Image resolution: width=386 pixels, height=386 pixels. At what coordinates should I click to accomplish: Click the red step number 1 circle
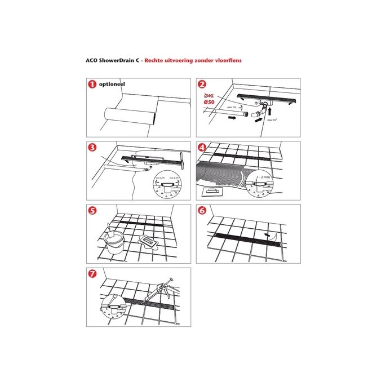tap(90, 85)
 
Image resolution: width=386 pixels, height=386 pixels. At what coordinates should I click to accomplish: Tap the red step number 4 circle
tap(202, 148)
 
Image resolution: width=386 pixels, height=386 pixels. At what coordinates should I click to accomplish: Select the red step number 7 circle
tap(90, 274)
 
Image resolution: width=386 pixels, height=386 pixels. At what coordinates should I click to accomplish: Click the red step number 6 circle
tap(202, 211)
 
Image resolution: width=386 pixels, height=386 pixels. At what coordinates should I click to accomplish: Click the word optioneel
tap(111, 84)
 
